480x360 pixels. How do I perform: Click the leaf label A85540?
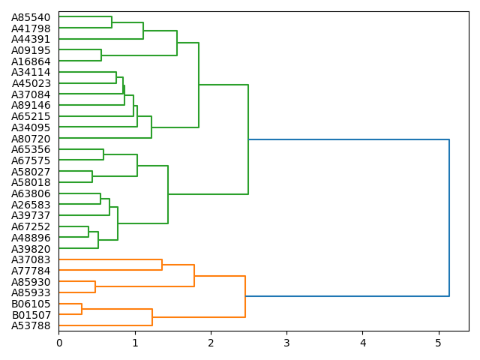coord(31,17)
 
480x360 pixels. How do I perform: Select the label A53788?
coord(31,325)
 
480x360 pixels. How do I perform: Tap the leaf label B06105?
coord(31,304)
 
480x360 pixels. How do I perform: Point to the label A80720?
coord(31,139)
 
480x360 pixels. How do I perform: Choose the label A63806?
coord(31,193)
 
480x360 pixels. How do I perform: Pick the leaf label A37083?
coord(31,259)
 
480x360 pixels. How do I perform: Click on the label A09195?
coord(31,50)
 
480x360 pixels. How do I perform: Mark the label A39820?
coord(31,248)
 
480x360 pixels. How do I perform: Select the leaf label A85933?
coord(31,292)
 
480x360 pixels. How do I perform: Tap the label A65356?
coord(31,149)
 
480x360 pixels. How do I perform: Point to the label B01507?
coord(31,314)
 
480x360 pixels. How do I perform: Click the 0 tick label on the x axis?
coord(59,343)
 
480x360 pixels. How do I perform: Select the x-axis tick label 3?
coord(286,343)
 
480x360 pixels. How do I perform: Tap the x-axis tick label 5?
coord(439,343)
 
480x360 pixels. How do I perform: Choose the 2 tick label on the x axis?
coord(211,343)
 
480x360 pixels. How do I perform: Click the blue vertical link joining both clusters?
coord(449,217)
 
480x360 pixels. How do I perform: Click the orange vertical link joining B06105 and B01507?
coord(82,309)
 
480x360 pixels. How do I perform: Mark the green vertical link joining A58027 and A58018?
coord(92,177)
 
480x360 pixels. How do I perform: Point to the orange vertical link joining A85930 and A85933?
coord(95,287)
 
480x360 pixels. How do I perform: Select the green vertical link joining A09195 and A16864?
coord(101,55)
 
